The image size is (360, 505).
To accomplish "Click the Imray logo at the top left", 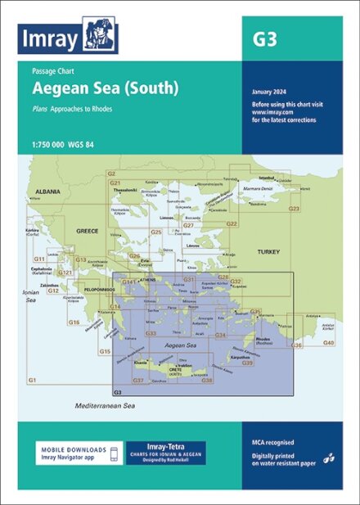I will coord(68,36).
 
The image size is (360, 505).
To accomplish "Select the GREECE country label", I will coord(88,231).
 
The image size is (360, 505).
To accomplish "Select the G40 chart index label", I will coord(328,342).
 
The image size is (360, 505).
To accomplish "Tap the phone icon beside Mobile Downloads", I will coord(115,453).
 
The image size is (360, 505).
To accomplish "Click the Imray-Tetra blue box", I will coord(165,453).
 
